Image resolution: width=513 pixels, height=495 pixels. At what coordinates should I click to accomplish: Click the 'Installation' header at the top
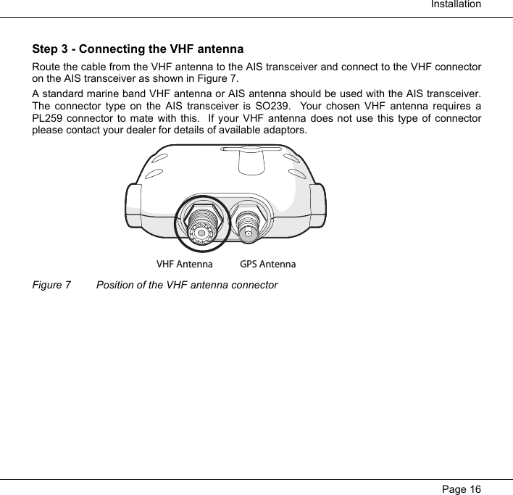pos(456,5)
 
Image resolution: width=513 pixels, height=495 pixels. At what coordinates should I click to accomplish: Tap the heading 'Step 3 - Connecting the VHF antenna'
pos(138,50)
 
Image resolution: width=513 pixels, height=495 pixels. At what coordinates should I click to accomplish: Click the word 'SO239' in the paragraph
pos(329,106)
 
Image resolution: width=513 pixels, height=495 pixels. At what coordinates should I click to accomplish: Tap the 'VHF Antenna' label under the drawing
pos(185,265)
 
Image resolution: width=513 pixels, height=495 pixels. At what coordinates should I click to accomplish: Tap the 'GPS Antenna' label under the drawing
pos(267,265)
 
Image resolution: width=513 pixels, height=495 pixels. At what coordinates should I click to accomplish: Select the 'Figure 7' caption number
pos(52,285)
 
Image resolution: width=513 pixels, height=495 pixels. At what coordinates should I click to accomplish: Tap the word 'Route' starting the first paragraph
pos(47,67)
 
